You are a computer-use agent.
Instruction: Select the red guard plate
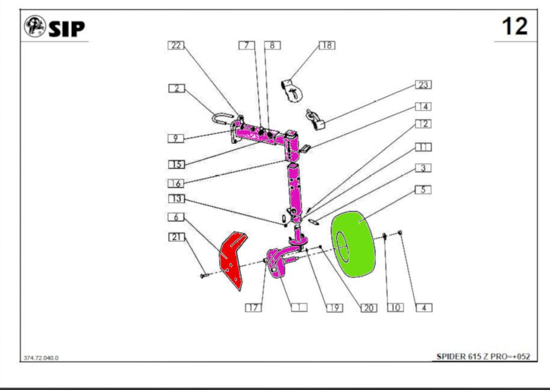(232, 260)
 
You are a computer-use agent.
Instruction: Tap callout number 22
(176, 45)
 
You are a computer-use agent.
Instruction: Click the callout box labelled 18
(327, 45)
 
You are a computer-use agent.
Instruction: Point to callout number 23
(423, 85)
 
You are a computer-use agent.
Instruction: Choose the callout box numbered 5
(423, 190)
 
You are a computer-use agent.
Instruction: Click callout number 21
(176, 237)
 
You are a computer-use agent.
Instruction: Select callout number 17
(254, 308)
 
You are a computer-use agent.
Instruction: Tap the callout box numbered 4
(424, 308)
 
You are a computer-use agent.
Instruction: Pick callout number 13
(176, 199)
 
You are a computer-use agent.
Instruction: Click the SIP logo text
(67, 29)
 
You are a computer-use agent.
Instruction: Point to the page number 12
(515, 26)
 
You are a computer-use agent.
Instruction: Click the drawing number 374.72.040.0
(41, 358)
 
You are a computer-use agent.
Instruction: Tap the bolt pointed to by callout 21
(204, 276)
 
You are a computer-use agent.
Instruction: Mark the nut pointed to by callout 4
(400, 233)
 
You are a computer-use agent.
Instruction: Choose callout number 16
(176, 183)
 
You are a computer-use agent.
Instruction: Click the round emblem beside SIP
(35, 26)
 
